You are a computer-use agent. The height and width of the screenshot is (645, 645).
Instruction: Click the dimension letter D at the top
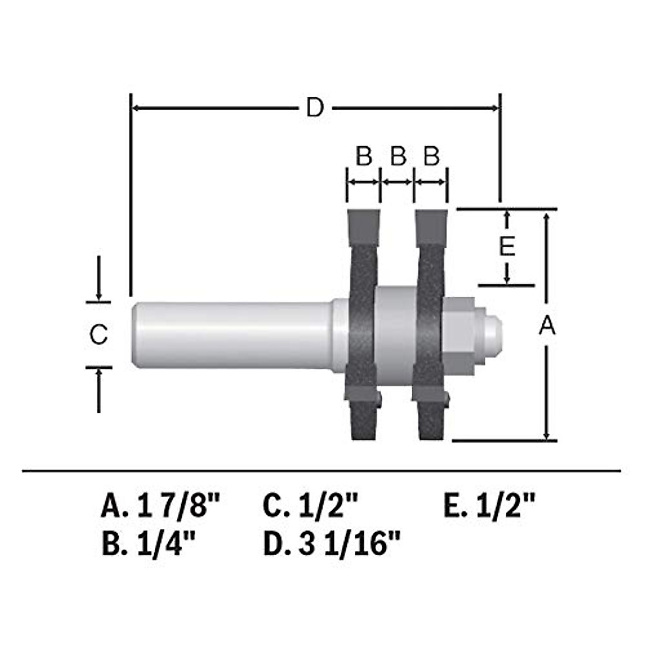tap(315, 108)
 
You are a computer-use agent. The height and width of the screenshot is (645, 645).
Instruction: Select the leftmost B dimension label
tap(364, 157)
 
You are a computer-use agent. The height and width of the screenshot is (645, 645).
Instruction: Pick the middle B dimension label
tap(398, 157)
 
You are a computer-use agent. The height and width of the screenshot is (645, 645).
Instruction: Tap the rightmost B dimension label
tap(431, 157)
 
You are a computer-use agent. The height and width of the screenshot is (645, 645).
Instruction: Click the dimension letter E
tap(507, 247)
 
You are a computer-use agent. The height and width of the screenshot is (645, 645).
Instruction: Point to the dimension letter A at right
tap(547, 326)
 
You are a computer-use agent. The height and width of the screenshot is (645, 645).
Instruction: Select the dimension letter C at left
tap(98, 335)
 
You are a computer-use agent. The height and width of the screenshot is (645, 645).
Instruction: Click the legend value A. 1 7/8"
tap(161, 506)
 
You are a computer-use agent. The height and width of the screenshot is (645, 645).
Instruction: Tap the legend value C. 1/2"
tap(310, 506)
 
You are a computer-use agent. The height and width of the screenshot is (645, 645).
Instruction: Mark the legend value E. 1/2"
tap(490, 506)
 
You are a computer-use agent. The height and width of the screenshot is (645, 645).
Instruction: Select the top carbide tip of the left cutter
tap(364, 226)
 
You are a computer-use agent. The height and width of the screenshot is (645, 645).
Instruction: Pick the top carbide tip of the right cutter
tap(431, 226)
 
